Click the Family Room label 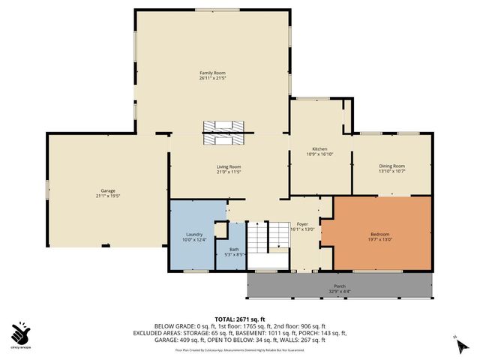point(212,73)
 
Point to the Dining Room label point(392,166)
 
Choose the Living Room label point(229,166)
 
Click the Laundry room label point(194,234)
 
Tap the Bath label point(234,249)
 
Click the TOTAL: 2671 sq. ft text point(239,319)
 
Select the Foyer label point(302,223)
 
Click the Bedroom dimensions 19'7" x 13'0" point(381,239)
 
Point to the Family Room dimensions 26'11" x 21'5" point(212,78)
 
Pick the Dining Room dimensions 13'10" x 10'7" point(392,171)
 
